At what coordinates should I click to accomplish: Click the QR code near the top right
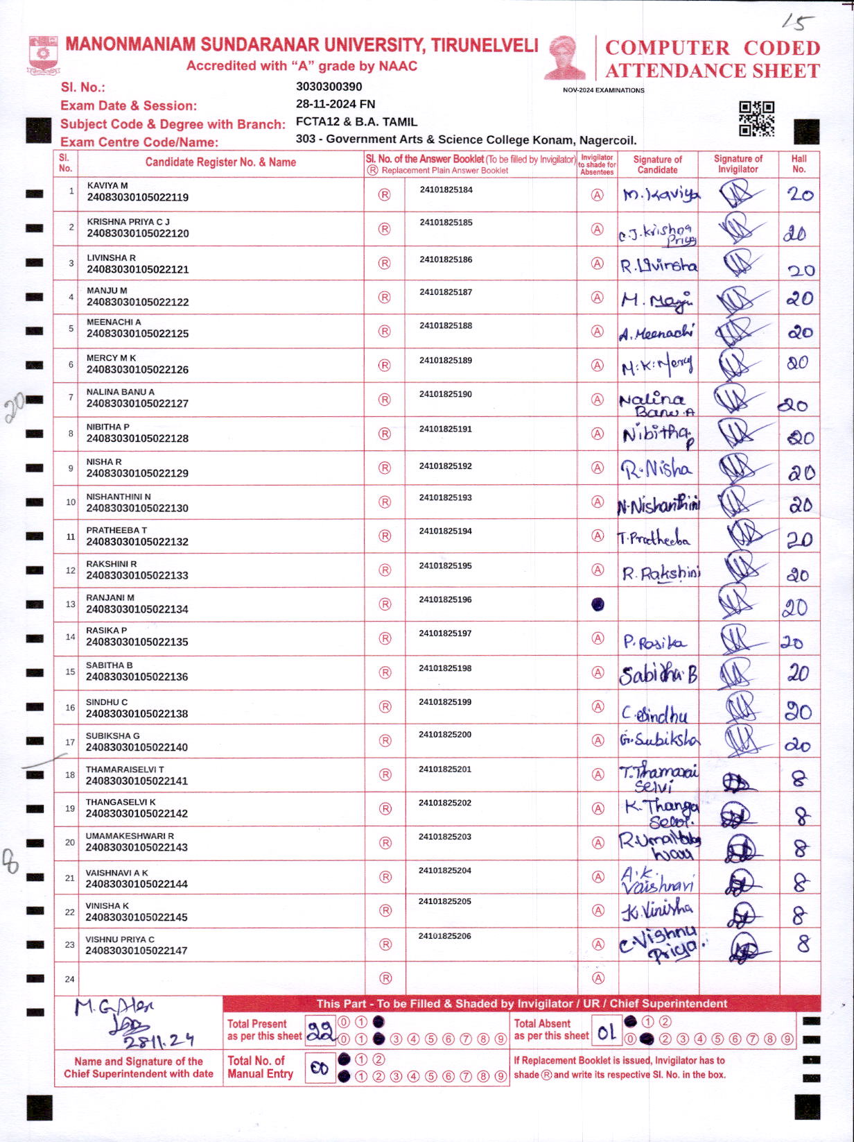pyautogui.click(x=756, y=119)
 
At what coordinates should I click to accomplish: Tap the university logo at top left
pyautogui.click(x=44, y=56)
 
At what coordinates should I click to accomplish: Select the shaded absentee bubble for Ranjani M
pyautogui.click(x=597, y=604)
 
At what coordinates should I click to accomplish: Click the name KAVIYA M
pyautogui.click(x=107, y=186)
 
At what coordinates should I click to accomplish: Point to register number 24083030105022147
pyautogui.click(x=137, y=951)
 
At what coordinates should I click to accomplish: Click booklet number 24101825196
pyautogui.click(x=446, y=599)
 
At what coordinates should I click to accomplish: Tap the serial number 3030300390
pyautogui.click(x=329, y=87)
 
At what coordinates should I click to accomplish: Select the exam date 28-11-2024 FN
pyautogui.click(x=335, y=104)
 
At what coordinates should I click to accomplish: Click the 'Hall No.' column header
pyautogui.click(x=799, y=164)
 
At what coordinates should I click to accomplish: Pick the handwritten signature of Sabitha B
pyautogui.click(x=658, y=674)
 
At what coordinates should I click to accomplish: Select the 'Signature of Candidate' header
pyautogui.click(x=657, y=164)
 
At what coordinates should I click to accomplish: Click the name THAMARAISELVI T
pyautogui.click(x=125, y=769)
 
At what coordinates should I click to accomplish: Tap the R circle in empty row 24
pyautogui.click(x=385, y=978)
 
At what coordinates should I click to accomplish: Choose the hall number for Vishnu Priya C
pyautogui.click(x=803, y=944)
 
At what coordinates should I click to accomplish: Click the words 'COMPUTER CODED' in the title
pyautogui.click(x=712, y=48)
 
